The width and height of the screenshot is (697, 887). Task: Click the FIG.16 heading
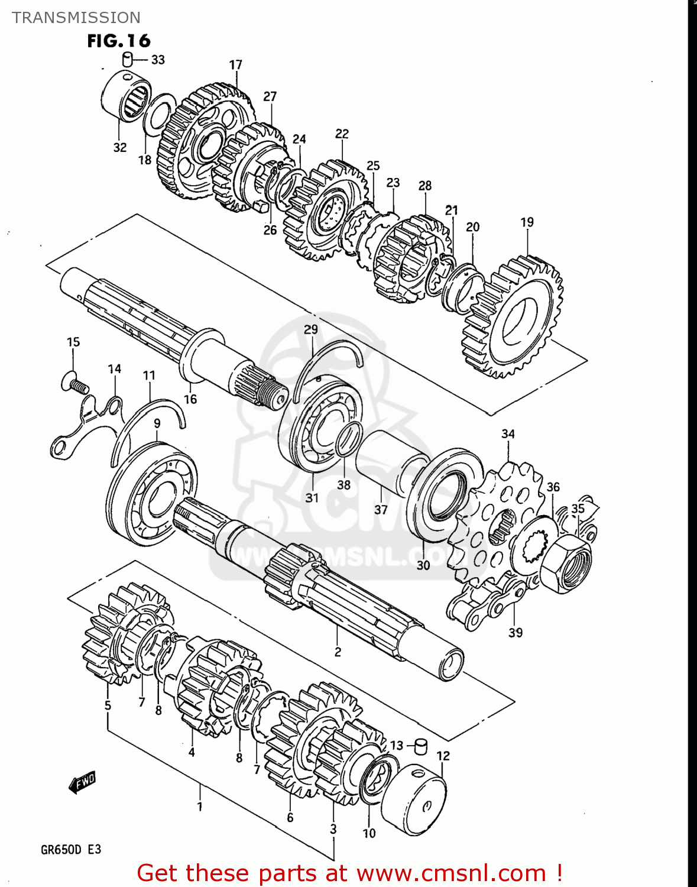tap(119, 41)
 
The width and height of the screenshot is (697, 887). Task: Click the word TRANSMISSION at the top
tap(76, 18)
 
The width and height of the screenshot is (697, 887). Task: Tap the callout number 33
tap(158, 60)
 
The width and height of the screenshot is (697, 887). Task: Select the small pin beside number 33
tap(127, 59)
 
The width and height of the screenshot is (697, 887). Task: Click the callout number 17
tap(235, 64)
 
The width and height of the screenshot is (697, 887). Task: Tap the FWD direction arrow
tap(82, 783)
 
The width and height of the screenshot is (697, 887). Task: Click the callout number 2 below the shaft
tap(338, 652)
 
